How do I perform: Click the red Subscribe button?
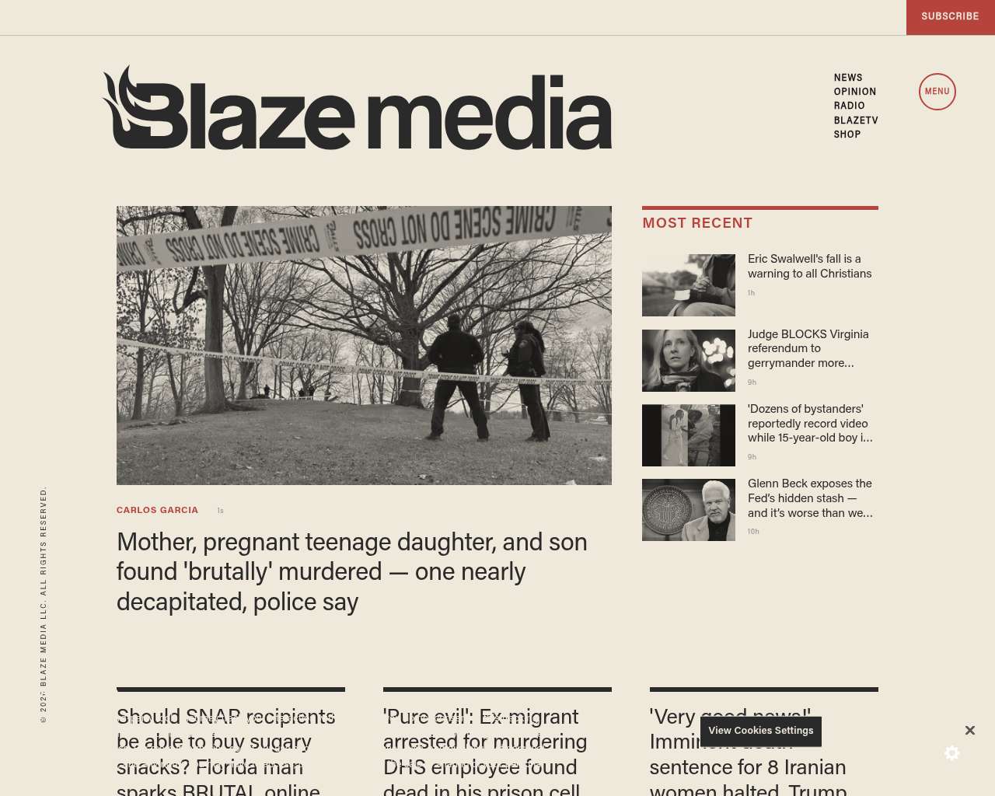(x=950, y=16)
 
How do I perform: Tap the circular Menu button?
(x=937, y=92)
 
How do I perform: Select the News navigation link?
(x=848, y=78)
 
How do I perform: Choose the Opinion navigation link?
(x=855, y=92)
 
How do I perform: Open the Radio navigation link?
(x=850, y=106)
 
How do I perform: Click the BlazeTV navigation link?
(x=856, y=120)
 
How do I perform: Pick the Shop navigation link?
(x=847, y=134)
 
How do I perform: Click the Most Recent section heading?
(x=697, y=223)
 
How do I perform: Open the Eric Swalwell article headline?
(x=809, y=266)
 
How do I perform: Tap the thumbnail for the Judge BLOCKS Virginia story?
(x=689, y=361)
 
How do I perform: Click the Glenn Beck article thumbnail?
(x=689, y=510)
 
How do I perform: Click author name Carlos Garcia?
(x=157, y=511)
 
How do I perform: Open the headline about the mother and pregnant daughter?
(x=351, y=571)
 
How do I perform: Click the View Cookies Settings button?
(x=760, y=731)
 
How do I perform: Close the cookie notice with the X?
(x=970, y=731)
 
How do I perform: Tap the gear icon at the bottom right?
(x=952, y=753)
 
